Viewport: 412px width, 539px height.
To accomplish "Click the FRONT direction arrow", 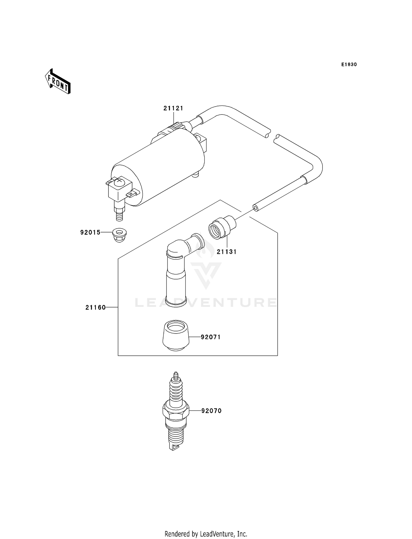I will point(58,82).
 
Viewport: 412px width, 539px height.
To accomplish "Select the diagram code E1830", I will point(349,65).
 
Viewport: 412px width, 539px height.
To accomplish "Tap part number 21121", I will point(173,108).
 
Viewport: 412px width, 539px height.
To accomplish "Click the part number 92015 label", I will point(90,232).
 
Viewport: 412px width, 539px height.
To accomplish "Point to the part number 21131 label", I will point(227,252).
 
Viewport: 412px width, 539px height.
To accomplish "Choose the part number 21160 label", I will point(96,307).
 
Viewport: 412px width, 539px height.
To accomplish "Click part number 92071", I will point(211,337).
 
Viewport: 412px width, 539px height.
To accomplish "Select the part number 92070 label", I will point(211,411).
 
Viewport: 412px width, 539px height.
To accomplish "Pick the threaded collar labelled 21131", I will point(221,227).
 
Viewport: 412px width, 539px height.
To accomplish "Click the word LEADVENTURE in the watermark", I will point(206,303).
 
